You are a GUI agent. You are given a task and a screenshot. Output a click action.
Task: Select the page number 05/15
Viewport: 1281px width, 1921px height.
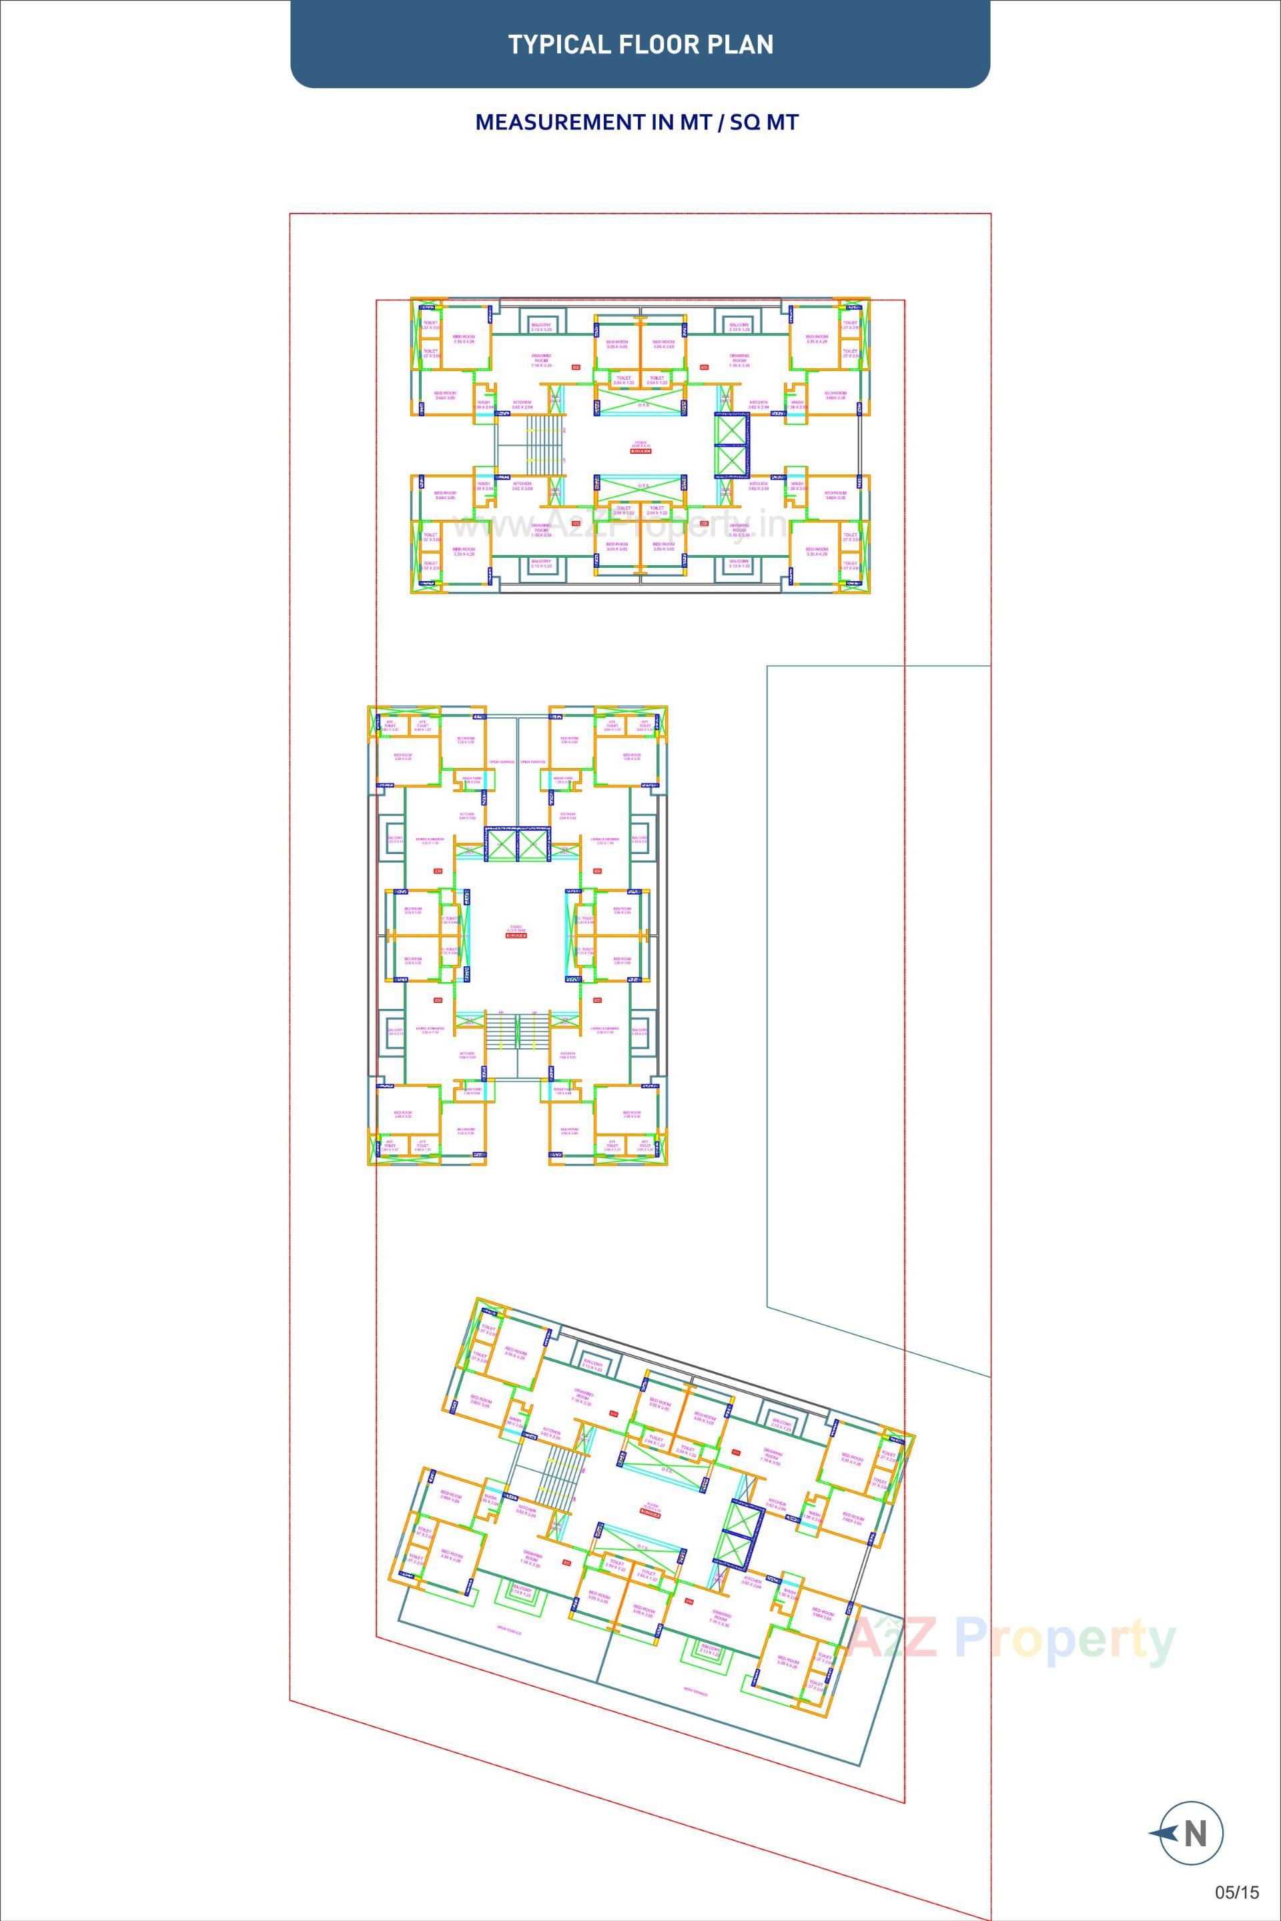[x=1237, y=1892]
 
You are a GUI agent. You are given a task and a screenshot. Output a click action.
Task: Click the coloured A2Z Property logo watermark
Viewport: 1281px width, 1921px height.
[x=1011, y=1637]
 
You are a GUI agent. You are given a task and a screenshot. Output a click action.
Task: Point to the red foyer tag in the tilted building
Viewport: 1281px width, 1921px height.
[x=651, y=1513]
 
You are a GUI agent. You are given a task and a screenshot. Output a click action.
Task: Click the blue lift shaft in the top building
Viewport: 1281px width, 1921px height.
[x=731, y=444]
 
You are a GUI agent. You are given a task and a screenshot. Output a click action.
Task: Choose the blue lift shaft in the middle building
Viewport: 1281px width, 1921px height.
[x=517, y=844]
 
